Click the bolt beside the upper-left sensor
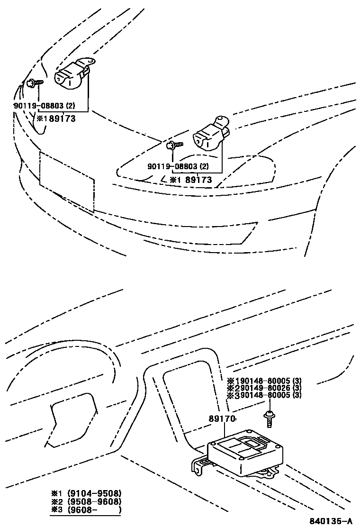coord(35,83)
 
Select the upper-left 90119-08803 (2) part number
coord(44,106)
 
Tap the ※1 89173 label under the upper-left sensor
coord(56,118)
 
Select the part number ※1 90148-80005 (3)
coord(264,381)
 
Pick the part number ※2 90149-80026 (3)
coord(264,388)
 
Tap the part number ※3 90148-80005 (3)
coord(264,395)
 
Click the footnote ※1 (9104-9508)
coord(86,493)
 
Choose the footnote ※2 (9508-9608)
coord(86,501)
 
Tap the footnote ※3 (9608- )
coord(86,510)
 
